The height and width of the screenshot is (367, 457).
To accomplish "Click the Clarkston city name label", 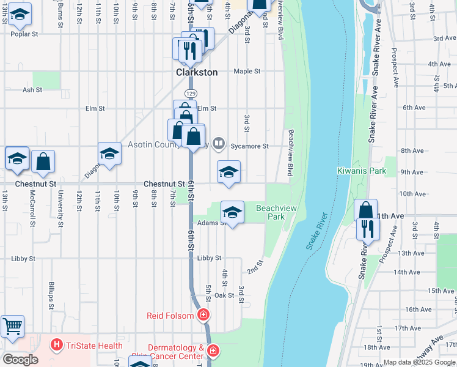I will pos(197,72).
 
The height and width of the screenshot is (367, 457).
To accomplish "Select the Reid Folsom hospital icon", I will pos(203,316).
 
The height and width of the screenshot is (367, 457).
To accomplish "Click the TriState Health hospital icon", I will pos(57,346).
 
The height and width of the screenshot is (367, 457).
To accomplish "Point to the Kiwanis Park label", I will pos(361,171).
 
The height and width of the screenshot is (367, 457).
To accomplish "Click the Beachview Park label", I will pos(276,212).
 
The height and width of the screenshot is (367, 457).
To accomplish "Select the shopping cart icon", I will pos(12,325).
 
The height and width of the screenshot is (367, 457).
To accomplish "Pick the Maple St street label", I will pos(247,72).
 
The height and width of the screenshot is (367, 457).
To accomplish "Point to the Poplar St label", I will pos(24,34).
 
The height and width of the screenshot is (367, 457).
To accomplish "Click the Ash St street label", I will pos(32,90).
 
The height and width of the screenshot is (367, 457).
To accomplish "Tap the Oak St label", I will pos(224,295).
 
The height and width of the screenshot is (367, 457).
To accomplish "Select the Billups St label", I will pos(52,296).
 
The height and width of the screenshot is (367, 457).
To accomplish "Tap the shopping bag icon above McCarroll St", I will pos(43,161).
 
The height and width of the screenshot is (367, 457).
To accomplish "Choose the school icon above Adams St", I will pos(232,212).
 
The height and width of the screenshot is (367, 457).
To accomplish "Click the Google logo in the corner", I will pos(20,360).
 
